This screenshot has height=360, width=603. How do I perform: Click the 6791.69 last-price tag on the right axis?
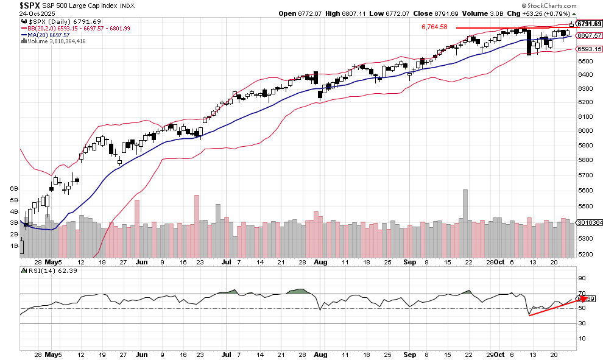tap(590, 24)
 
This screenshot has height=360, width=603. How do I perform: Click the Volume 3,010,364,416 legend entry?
tap(55, 41)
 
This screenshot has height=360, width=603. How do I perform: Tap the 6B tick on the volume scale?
tap(13, 189)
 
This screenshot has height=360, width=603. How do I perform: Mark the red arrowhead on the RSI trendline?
tap(583, 298)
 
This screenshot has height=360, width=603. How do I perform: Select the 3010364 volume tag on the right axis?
tap(590, 223)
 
